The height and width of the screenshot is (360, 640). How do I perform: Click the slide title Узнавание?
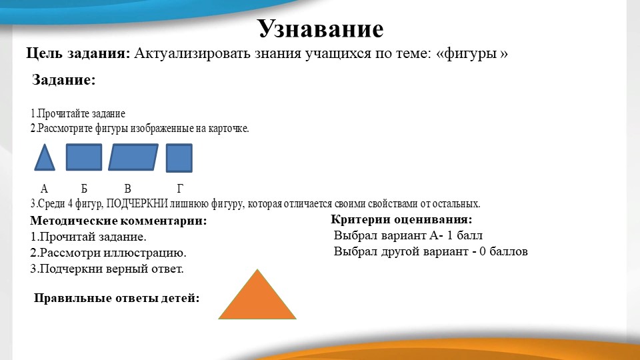(x=321, y=29)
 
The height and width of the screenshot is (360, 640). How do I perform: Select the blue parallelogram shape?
(x=133, y=157)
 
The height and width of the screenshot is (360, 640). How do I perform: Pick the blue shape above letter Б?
(x=84, y=157)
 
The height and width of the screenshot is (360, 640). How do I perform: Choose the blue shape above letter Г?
(x=179, y=158)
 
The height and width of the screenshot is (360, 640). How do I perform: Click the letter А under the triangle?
(x=44, y=189)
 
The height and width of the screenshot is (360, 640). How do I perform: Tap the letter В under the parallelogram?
(x=127, y=189)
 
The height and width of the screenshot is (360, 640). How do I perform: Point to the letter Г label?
(x=179, y=189)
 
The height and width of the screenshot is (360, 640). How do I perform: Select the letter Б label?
(x=84, y=189)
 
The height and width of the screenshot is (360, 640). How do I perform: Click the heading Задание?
(x=64, y=81)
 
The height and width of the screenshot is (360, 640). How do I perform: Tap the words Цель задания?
(x=78, y=53)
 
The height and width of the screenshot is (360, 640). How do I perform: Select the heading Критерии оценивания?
(x=401, y=219)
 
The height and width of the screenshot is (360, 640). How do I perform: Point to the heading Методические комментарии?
(x=119, y=221)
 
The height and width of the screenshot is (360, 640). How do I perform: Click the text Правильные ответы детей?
(x=117, y=298)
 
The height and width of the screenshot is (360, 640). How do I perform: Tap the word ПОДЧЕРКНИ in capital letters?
(x=137, y=203)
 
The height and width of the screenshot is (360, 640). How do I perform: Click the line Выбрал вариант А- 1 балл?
(x=408, y=235)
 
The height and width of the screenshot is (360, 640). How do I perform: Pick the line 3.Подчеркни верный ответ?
(x=107, y=269)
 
